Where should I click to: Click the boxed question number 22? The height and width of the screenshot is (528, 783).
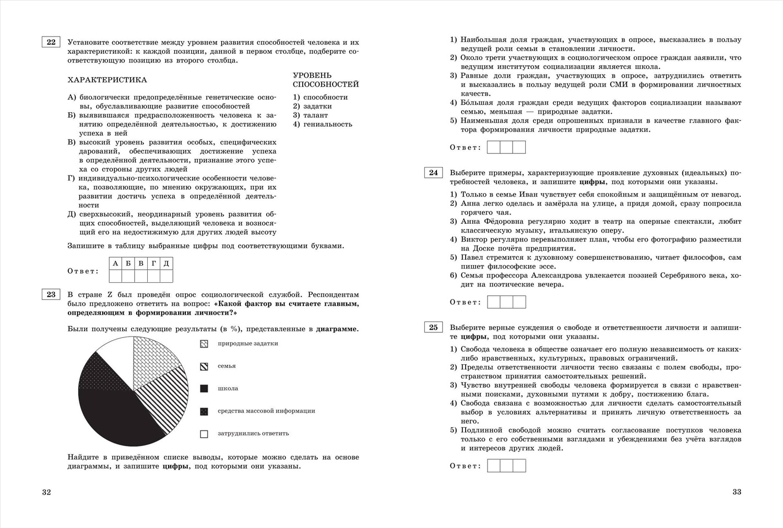point(51,42)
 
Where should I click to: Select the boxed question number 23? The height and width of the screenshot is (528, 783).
point(51,295)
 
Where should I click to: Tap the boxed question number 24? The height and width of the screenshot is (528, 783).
point(433,173)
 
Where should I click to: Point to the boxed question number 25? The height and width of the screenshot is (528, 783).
point(433,328)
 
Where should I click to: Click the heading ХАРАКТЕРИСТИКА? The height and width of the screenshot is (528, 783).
point(107,80)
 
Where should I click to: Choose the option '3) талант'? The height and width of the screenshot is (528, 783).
point(311,115)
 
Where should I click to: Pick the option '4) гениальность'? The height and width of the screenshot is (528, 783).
point(322,124)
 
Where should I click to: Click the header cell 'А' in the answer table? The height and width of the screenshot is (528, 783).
point(115,263)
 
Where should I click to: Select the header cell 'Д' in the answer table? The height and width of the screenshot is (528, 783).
point(166,263)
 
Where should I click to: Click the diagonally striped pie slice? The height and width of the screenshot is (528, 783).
point(167,397)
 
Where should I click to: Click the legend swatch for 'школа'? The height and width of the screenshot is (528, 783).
point(204,389)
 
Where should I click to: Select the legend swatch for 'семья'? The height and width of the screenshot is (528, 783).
point(204,366)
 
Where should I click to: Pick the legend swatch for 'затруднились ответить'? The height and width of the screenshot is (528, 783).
point(204,434)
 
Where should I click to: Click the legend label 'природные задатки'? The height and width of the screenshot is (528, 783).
point(247,343)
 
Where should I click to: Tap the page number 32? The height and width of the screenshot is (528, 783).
point(46,492)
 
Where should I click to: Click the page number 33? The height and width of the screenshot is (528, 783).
point(737,492)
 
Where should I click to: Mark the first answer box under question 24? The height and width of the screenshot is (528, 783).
point(493,302)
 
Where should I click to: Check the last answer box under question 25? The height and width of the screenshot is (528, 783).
point(519,465)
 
